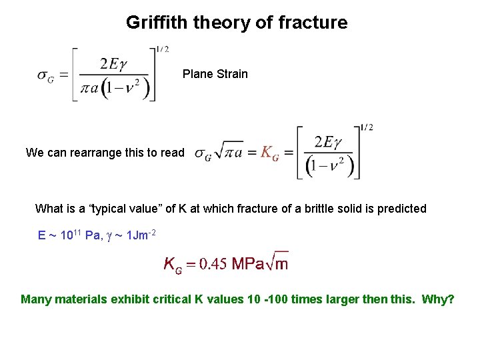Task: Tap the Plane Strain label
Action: click(x=215, y=74)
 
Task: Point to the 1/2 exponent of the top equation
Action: click(x=163, y=49)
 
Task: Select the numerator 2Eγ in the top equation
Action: click(x=113, y=64)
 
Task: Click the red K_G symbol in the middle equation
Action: click(x=269, y=153)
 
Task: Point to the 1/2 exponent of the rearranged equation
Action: click(x=367, y=127)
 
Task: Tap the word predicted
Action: click(x=401, y=209)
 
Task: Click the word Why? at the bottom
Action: click(x=438, y=299)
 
